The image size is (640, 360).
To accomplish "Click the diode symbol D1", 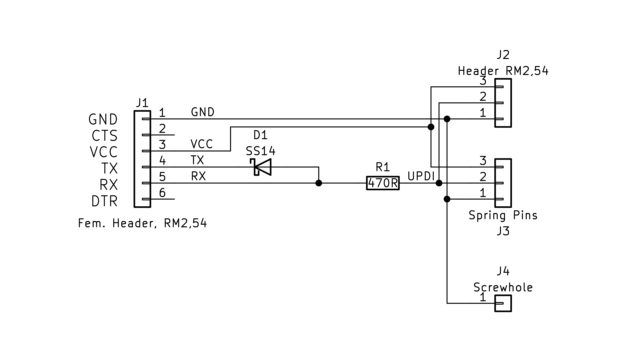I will tap(262, 167).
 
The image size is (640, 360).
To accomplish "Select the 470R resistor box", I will tap(383, 183).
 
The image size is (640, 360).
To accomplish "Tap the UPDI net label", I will tap(421, 176).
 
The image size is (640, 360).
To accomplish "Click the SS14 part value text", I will tap(261, 151).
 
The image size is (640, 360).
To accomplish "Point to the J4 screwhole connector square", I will tap(503, 303).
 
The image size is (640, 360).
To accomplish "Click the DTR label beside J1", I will tap(104, 201).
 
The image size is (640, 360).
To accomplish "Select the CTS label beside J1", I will tap(104, 136).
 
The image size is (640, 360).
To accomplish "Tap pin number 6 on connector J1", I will tap(162, 193).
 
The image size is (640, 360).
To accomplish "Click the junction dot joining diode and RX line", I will tap(319, 183).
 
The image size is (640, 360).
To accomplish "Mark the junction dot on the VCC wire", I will tap(431, 127).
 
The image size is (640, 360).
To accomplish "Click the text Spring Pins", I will tap(503, 215).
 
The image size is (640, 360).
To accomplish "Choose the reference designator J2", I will tap(503, 55).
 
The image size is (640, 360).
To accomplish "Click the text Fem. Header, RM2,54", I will tap(142, 223).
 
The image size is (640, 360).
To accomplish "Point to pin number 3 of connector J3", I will tap(483, 161).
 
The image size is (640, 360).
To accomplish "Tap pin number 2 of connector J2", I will tap(483, 97).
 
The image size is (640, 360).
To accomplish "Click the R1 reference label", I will tap(382, 167).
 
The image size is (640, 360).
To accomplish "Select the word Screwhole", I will tap(503, 287).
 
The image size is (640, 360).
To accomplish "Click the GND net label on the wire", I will tap(202, 112).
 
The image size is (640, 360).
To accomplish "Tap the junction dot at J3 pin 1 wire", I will tap(447, 199).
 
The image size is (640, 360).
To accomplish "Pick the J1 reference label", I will tap(142, 103).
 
